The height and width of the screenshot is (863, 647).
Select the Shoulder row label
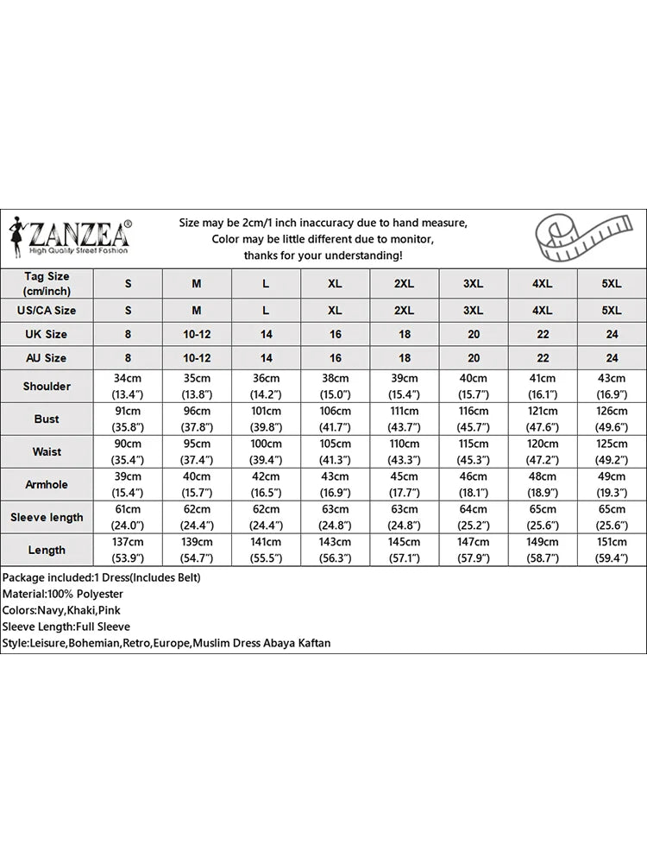click(47, 387)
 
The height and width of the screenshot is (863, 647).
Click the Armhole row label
click(47, 484)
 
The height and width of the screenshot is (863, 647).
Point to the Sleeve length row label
click(47, 517)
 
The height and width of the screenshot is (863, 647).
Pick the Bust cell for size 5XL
click(612, 419)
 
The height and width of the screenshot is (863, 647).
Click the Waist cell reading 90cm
click(129, 451)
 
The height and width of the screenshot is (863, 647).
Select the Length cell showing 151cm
click(612, 550)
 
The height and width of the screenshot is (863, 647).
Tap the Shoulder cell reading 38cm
click(336, 387)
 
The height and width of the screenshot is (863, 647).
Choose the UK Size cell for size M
click(197, 334)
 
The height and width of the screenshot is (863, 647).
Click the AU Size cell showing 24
click(612, 357)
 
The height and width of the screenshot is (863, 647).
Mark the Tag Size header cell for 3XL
click(474, 283)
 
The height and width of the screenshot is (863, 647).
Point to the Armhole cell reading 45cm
click(405, 484)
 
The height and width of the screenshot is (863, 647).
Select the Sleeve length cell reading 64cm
click(474, 517)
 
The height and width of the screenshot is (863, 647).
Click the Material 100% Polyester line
click(62, 594)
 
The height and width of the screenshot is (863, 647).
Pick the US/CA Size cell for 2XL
click(405, 310)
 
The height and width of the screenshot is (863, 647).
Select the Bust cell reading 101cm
click(266, 419)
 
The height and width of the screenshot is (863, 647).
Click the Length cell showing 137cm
click(129, 550)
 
